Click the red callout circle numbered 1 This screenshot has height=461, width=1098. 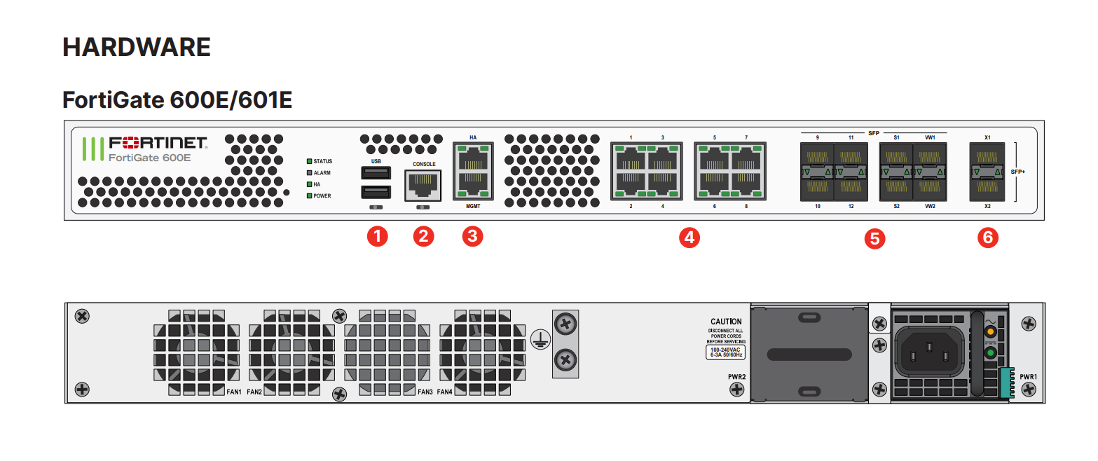[x=378, y=236]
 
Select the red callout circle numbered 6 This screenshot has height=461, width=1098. [x=988, y=238]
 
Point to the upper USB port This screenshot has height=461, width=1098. [x=376, y=172]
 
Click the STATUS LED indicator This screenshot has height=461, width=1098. [x=309, y=161]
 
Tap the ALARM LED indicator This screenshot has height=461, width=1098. [x=309, y=172]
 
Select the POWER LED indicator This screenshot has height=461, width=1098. [x=309, y=195]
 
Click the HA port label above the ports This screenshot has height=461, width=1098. [x=473, y=137]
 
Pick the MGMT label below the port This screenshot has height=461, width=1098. [x=473, y=207]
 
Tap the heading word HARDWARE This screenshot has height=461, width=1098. [x=137, y=48]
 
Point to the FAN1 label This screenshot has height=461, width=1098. [x=233, y=392]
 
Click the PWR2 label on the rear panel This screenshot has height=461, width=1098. [x=736, y=377]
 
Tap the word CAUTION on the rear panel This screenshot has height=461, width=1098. [x=726, y=322]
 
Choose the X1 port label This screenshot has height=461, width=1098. [x=987, y=137]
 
